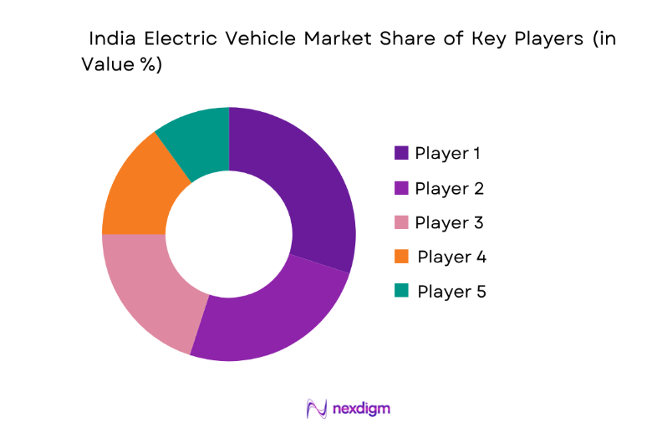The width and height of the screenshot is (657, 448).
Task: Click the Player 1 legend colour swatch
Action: [x=401, y=153]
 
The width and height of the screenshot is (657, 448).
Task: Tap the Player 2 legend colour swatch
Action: [x=401, y=188]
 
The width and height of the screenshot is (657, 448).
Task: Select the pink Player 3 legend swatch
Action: [x=401, y=222]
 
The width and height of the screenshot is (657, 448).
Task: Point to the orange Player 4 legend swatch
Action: [x=401, y=257]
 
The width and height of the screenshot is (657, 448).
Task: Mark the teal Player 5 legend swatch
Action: [x=401, y=291]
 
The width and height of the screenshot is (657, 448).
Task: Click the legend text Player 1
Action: [x=448, y=153]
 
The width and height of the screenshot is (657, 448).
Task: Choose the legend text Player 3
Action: [x=449, y=222]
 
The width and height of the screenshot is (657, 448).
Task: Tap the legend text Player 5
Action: [x=451, y=291]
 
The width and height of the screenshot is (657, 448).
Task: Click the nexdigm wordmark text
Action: [x=361, y=409]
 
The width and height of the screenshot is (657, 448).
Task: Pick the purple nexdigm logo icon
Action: [x=317, y=409]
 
